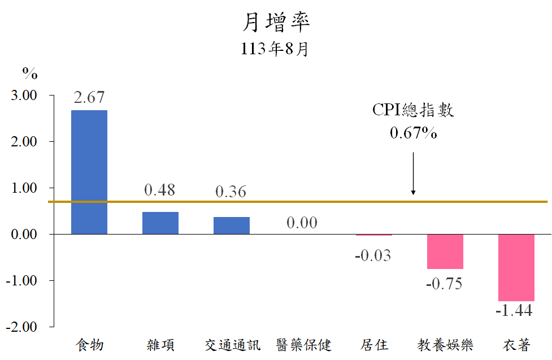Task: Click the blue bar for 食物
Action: pos(89,172)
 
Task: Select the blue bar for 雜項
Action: pos(160,223)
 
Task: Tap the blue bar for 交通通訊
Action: pos(231,225)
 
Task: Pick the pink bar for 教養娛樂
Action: pos(445,251)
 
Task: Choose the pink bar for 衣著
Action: pos(516,267)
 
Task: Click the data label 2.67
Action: pos(89,97)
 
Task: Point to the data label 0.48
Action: pos(160,190)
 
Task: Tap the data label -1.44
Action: pos(514,311)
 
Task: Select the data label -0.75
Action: pos(444,283)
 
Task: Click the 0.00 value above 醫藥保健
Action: pos(302,223)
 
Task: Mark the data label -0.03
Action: pos(373,255)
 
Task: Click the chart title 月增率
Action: pos(276,23)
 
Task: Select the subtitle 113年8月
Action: pos(275,49)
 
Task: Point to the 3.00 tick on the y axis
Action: pos(24,96)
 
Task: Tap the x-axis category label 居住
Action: pos(373,344)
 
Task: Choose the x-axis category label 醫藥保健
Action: pos(303,344)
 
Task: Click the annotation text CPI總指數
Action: pos(413,110)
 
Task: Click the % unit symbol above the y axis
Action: pos(30,73)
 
